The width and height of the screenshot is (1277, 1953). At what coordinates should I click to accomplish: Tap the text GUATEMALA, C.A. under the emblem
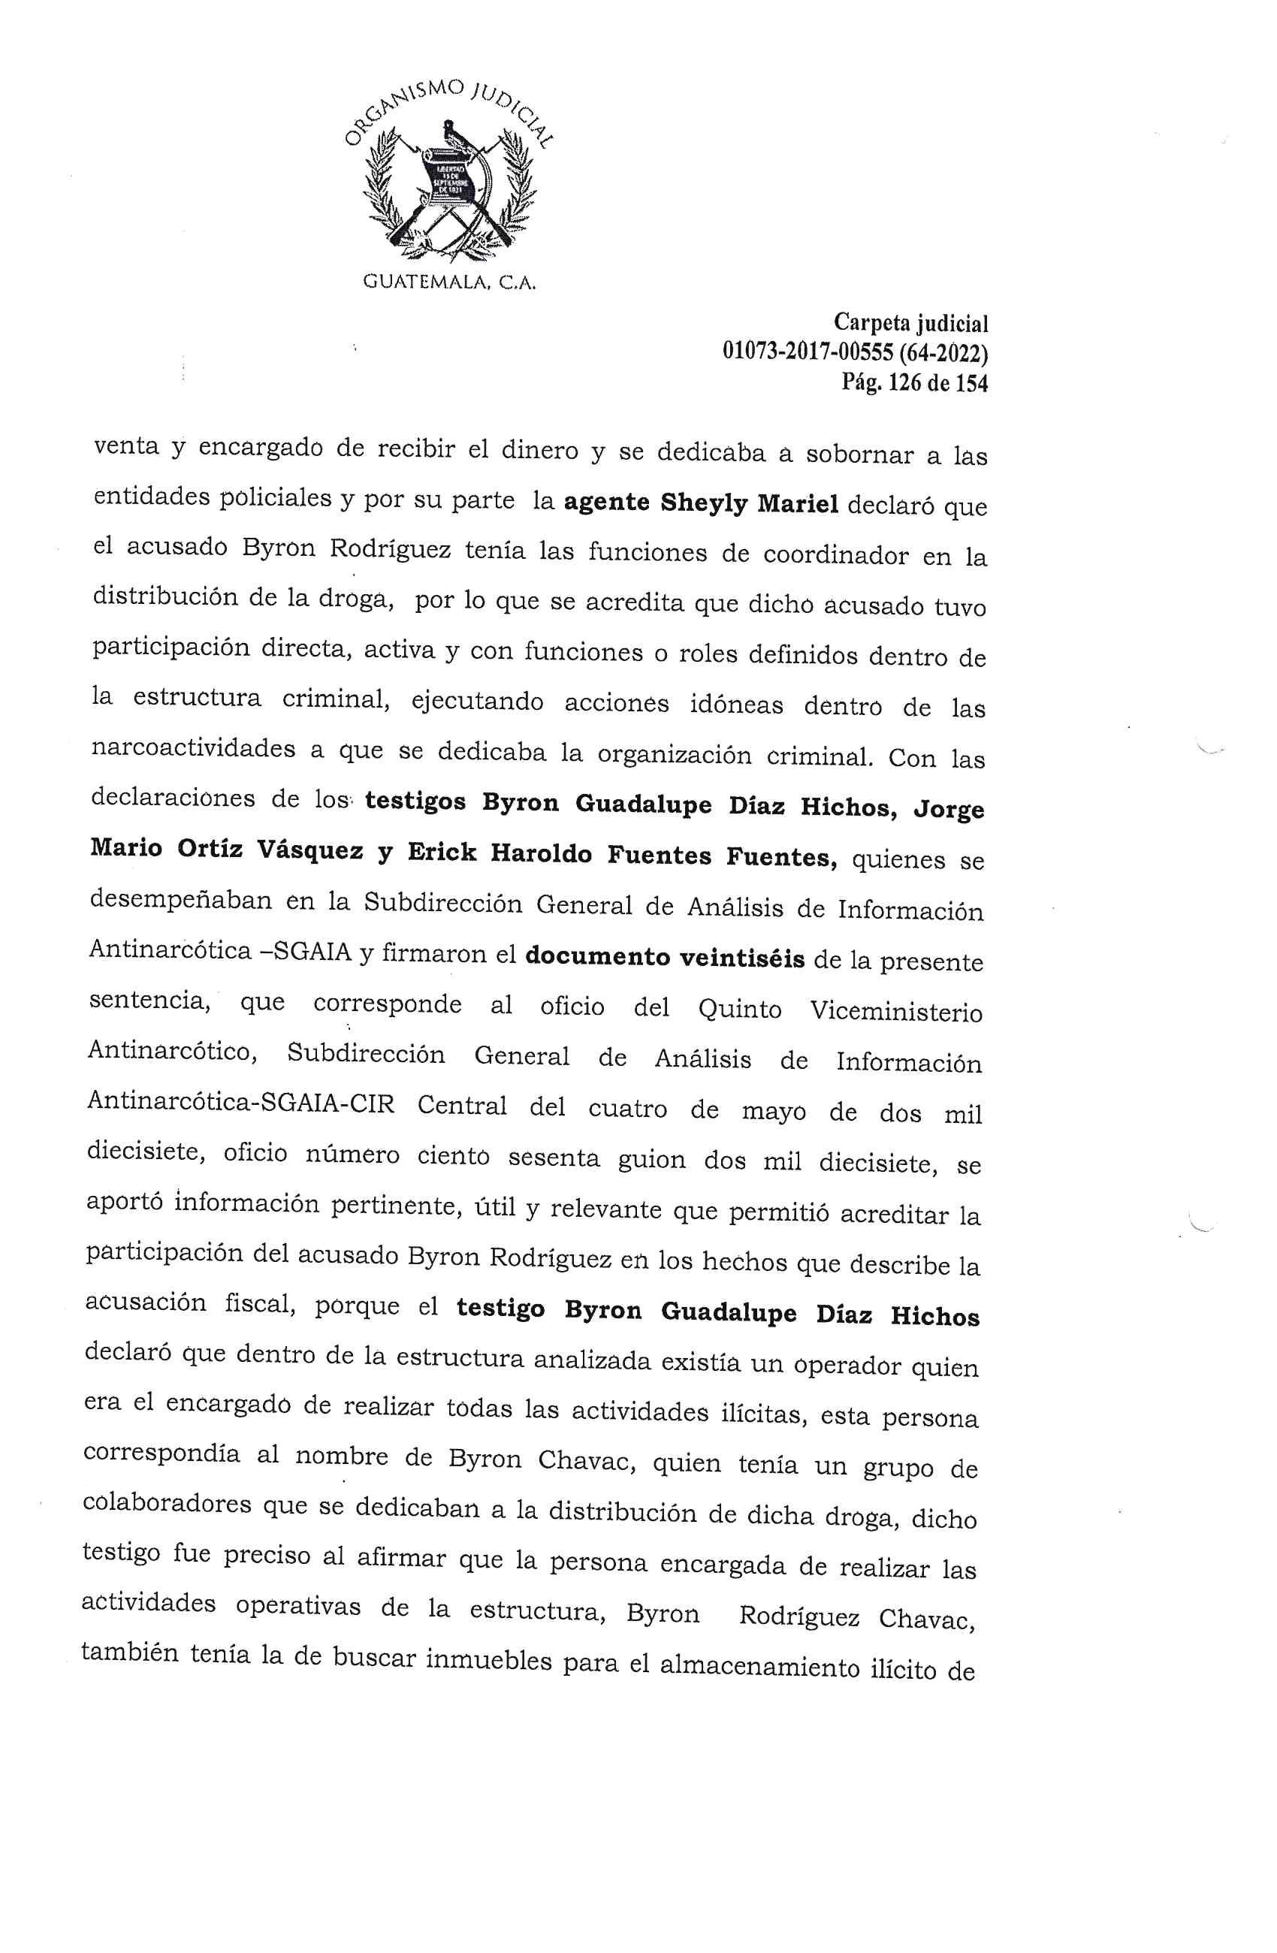click(449, 284)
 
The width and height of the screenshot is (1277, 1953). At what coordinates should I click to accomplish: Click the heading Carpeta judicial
click(910, 323)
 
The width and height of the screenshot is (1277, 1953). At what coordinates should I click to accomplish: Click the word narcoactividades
click(193, 748)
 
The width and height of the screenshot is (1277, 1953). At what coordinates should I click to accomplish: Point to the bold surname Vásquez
click(309, 851)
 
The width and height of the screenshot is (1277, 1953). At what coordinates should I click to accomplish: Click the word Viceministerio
click(895, 1011)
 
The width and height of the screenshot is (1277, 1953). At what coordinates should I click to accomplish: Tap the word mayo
click(774, 1111)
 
